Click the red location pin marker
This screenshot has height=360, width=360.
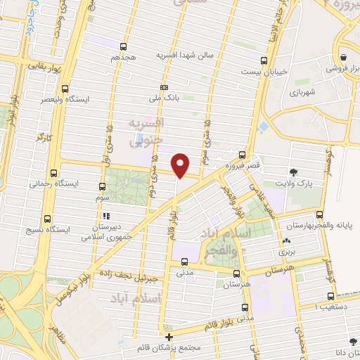pos(181,165)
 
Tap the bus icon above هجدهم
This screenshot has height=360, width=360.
pos(127,44)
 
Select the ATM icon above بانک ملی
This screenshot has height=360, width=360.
pos(165,87)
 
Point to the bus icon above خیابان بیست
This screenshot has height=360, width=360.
pos(264,60)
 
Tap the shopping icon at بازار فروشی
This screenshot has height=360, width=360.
pos(342,58)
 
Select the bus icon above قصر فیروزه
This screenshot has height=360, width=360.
pos(242,154)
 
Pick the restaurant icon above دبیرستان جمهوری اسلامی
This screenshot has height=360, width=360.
pos(107,216)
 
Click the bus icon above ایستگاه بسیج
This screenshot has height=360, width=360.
pos(48,219)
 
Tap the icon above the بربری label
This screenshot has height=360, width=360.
pos(286,240)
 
